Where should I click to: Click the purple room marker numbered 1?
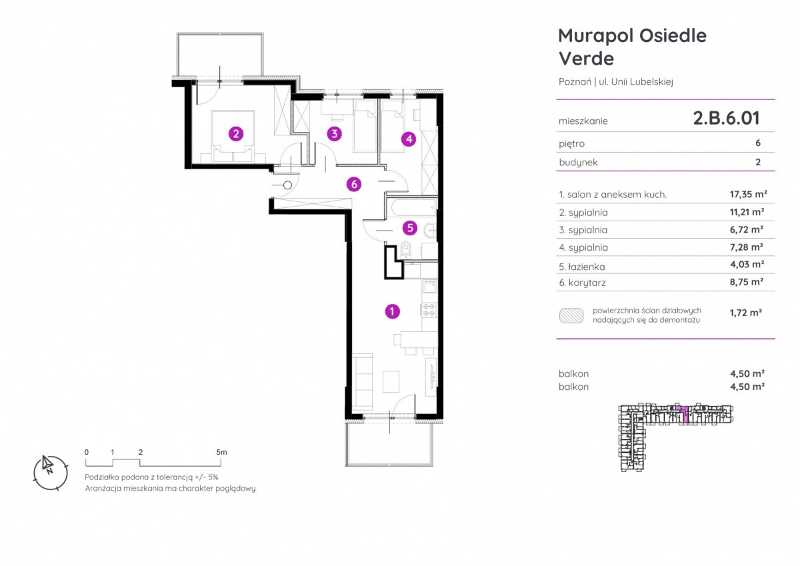pyautogui.click(x=392, y=311)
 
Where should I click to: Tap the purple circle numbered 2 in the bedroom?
pyautogui.click(x=236, y=134)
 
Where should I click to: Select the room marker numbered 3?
pyautogui.click(x=334, y=134)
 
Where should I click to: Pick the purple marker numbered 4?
pyautogui.click(x=409, y=139)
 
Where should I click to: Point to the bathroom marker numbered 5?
pyautogui.click(x=410, y=228)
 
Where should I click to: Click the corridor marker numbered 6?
pyautogui.click(x=354, y=184)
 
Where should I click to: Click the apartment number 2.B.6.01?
pyautogui.click(x=726, y=118)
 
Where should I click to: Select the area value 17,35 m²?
pyautogui.click(x=748, y=194)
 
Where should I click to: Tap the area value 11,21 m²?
pyautogui.click(x=747, y=212)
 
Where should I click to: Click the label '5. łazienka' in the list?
pyautogui.click(x=582, y=267)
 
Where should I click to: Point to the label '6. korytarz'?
pyautogui.click(x=582, y=283)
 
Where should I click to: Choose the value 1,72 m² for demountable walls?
pyautogui.click(x=746, y=313)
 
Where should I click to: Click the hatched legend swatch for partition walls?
pyautogui.click(x=571, y=316)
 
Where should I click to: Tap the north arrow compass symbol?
pyautogui.click(x=51, y=473)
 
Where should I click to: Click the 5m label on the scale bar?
pyautogui.click(x=221, y=452)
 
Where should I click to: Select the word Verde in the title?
pyautogui.click(x=586, y=59)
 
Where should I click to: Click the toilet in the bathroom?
pyautogui.click(x=405, y=249)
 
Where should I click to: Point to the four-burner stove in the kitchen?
pyautogui.click(x=429, y=310)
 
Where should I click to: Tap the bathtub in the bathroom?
pyautogui.click(x=413, y=207)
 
